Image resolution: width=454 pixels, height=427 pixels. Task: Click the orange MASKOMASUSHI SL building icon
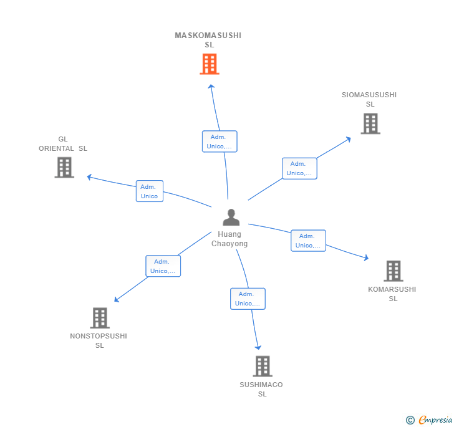210,64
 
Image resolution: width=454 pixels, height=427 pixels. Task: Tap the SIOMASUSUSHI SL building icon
370,123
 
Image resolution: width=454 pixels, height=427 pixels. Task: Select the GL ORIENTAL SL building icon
64,167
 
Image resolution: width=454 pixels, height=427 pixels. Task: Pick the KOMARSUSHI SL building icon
393,271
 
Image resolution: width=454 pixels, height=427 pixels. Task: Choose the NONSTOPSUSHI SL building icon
100,318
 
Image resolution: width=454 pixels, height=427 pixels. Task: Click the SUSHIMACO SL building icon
263,366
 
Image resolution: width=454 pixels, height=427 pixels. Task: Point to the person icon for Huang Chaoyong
231,217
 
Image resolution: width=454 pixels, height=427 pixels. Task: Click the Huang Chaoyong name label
229,239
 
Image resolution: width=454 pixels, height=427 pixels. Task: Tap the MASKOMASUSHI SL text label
208,40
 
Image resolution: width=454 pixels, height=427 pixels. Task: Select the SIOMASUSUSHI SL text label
369,99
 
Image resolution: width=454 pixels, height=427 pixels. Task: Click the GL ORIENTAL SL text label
63,143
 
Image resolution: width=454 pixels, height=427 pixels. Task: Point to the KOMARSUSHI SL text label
392,294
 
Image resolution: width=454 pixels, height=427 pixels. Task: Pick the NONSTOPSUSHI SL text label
99,341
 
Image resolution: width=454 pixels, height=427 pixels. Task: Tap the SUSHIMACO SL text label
261,389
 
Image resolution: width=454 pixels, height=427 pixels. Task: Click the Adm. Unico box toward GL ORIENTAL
150,191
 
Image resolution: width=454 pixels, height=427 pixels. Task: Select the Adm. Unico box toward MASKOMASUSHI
220,142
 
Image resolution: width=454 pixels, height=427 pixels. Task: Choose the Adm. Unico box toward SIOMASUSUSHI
299,168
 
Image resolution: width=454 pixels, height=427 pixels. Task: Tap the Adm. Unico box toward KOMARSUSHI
308,241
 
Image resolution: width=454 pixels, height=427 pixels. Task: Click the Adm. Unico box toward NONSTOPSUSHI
163,266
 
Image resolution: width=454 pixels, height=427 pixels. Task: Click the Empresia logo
429,420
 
